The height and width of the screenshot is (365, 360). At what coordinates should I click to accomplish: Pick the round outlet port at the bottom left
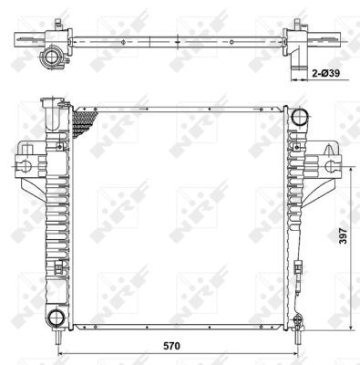[57, 318]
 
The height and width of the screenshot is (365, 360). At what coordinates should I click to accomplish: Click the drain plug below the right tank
[299, 319]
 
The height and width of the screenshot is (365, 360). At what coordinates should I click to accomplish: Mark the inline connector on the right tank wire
[300, 268]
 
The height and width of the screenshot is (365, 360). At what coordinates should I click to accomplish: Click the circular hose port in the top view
[52, 58]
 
